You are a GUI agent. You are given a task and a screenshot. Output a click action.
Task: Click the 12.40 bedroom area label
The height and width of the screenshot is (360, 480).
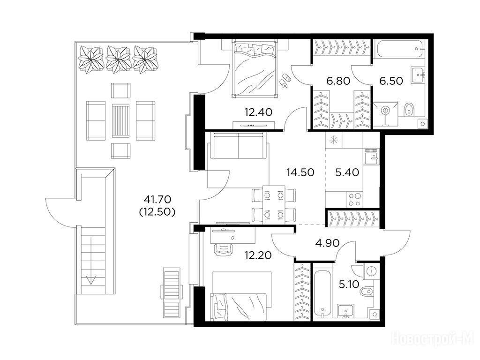[x=258, y=112]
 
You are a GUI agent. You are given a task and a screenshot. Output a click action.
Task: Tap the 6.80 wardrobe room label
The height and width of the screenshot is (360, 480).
[x=338, y=81]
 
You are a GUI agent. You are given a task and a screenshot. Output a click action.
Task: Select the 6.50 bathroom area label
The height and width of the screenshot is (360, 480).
[x=391, y=81]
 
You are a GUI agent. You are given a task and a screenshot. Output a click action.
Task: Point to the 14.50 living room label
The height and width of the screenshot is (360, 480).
[x=300, y=172]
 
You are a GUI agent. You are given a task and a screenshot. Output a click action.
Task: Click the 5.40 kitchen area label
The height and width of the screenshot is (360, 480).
[x=347, y=172]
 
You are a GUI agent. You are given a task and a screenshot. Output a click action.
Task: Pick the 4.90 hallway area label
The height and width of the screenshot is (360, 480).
[x=327, y=243]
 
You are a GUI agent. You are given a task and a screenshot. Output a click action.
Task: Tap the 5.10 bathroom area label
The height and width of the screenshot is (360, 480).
[x=349, y=285]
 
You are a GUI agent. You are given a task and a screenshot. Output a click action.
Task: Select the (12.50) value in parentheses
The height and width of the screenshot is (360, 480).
[x=157, y=212]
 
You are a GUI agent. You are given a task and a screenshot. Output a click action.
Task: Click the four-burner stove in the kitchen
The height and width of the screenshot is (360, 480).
[x=355, y=200]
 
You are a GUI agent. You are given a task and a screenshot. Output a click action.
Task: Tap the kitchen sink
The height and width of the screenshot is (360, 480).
[x=371, y=157]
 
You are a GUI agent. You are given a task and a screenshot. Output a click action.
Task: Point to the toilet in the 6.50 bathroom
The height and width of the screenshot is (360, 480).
[x=408, y=110]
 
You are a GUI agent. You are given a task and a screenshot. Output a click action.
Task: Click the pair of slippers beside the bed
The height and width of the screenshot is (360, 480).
[x=285, y=81]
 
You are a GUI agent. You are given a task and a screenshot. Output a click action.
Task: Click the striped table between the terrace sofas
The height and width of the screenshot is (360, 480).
[x=120, y=120]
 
